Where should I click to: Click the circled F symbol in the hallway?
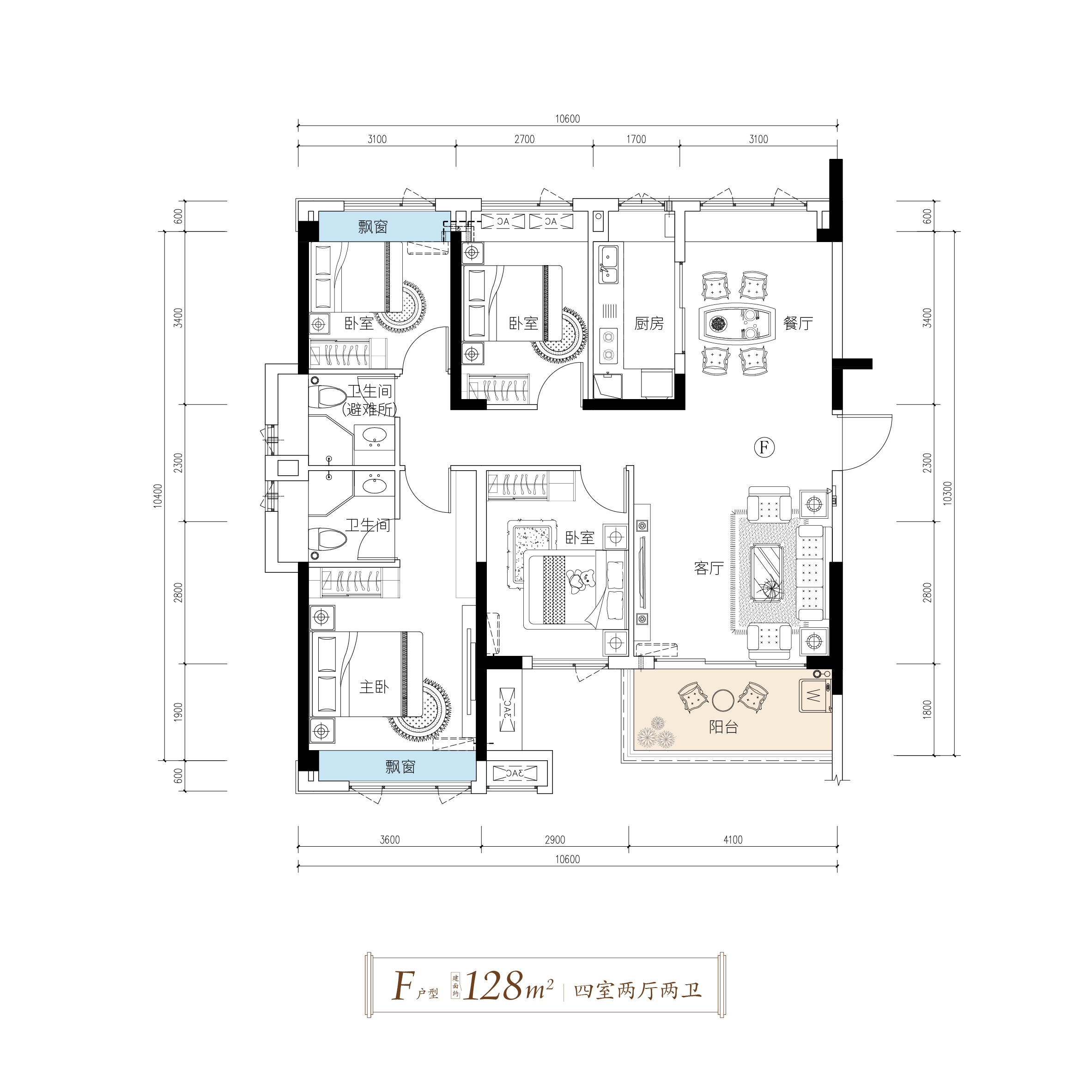click(764, 447)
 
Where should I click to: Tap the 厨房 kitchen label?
click(649, 324)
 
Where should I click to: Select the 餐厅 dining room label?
click(798, 324)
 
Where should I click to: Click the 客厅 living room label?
click(709, 568)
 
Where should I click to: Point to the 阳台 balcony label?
click(723, 727)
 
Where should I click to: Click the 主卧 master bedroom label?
click(375, 687)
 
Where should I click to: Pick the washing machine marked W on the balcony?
click(814, 695)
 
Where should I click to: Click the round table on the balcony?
click(723, 701)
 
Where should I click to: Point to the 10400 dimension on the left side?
click(158, 495)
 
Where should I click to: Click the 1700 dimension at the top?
click(636, 139)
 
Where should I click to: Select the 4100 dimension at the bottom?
click(733, 840)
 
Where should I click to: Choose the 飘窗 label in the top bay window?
click(373, 227)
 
